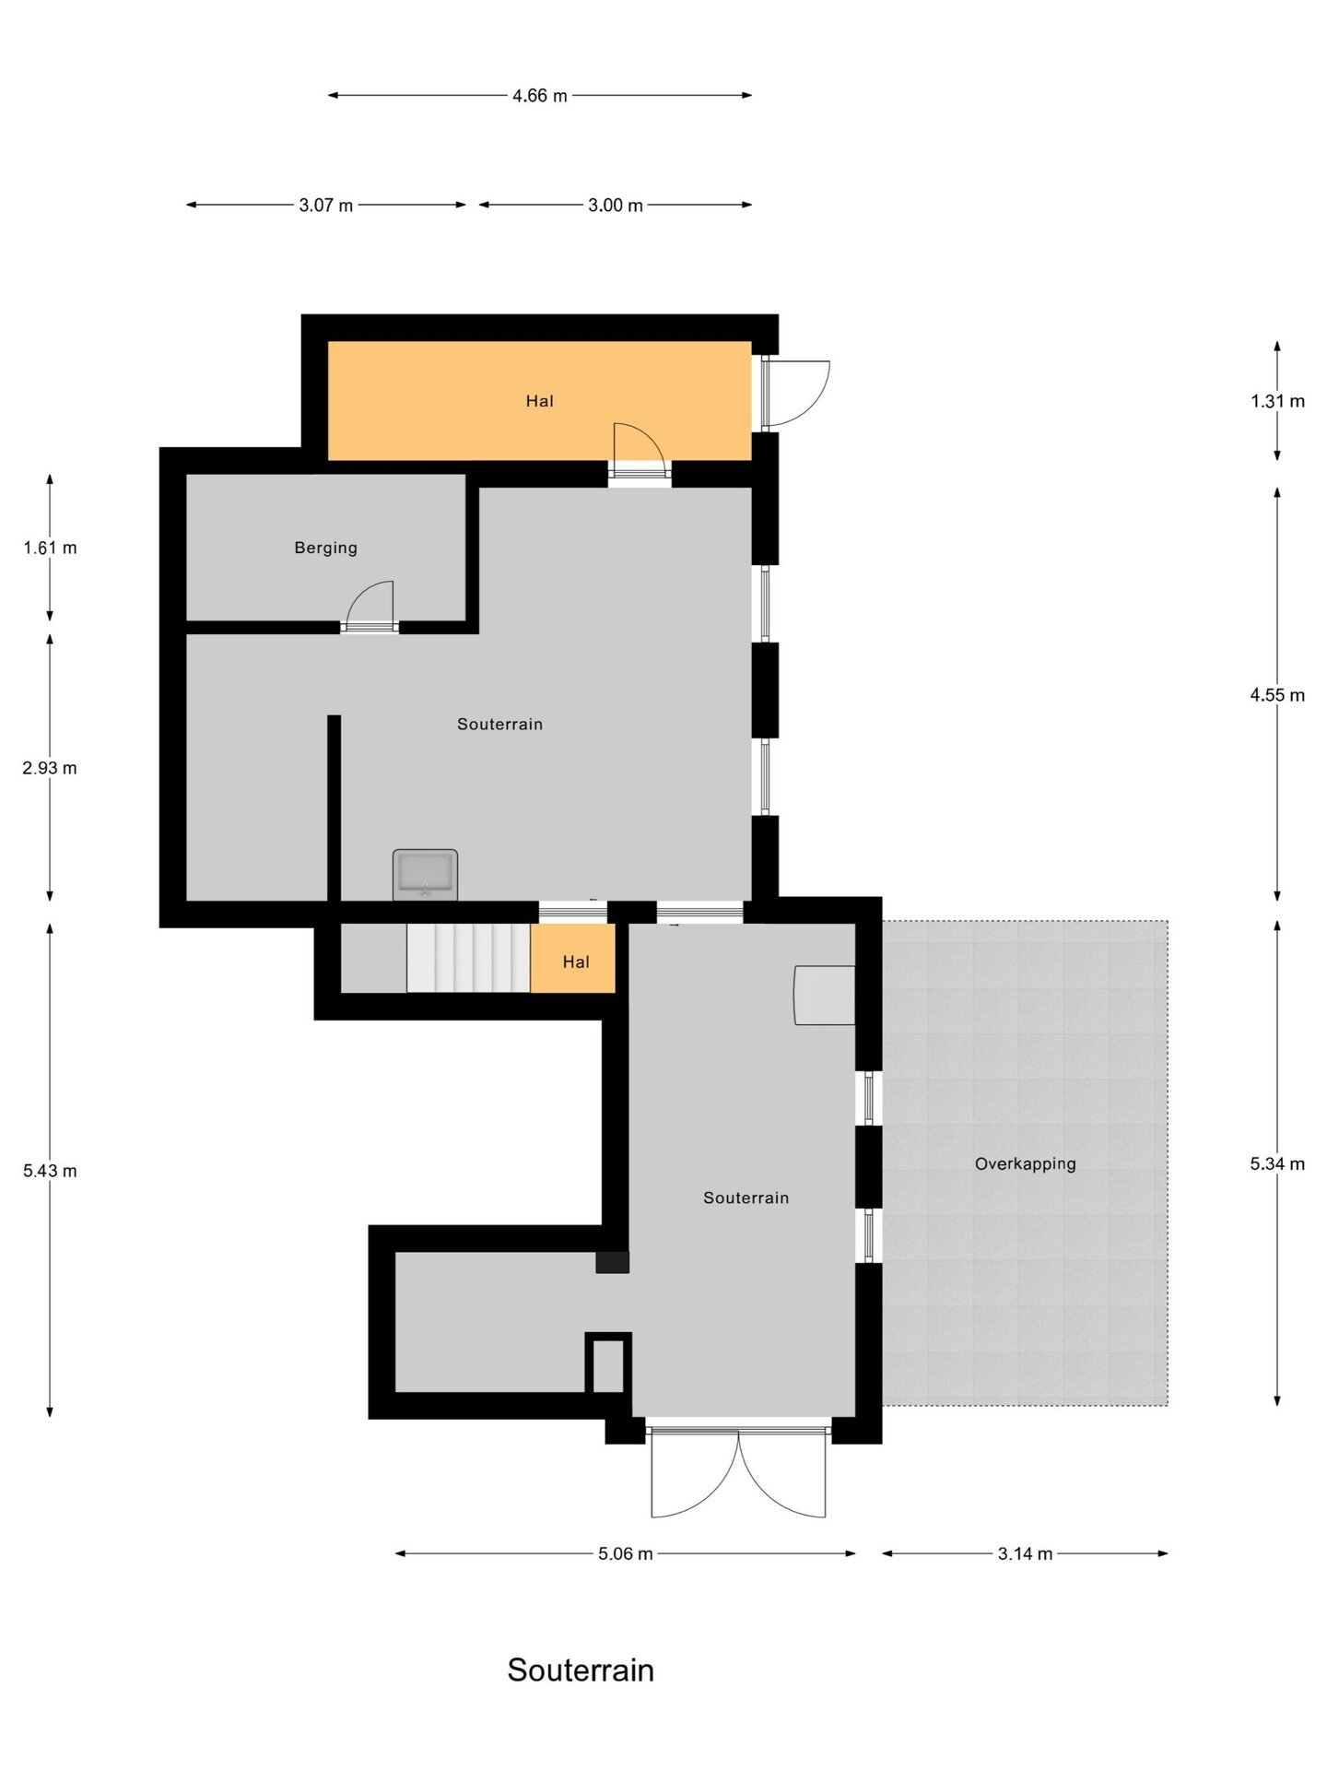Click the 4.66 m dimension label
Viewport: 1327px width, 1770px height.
[539, 96]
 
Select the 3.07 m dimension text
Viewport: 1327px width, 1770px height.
[325, 206]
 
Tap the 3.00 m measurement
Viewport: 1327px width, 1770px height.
[615, 206]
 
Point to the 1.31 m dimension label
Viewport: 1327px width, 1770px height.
[1276, 401]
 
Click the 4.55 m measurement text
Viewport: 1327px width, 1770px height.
[1276, 695]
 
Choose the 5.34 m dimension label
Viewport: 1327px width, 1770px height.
[1276, 1163]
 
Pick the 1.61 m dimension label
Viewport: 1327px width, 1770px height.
[50, 548]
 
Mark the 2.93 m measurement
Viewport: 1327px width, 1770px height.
[50, 768]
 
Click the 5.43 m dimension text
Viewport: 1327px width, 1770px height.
[50, 1171]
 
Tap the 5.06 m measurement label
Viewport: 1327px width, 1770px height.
[625, 1553]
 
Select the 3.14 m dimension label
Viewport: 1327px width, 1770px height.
[1025, 1553]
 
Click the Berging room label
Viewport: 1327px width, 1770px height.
[325, 548]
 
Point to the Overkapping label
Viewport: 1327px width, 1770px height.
[1025, 1163]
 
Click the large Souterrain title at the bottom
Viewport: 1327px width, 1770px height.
[580, 1670]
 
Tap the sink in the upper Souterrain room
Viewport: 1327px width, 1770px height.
[425, 874]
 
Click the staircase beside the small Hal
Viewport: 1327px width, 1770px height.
[468, 959]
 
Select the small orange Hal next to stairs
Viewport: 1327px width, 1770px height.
[575, 961]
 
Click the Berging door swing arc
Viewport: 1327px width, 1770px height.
[371, 604]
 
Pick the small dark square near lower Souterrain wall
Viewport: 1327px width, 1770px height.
[612, 1262]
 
